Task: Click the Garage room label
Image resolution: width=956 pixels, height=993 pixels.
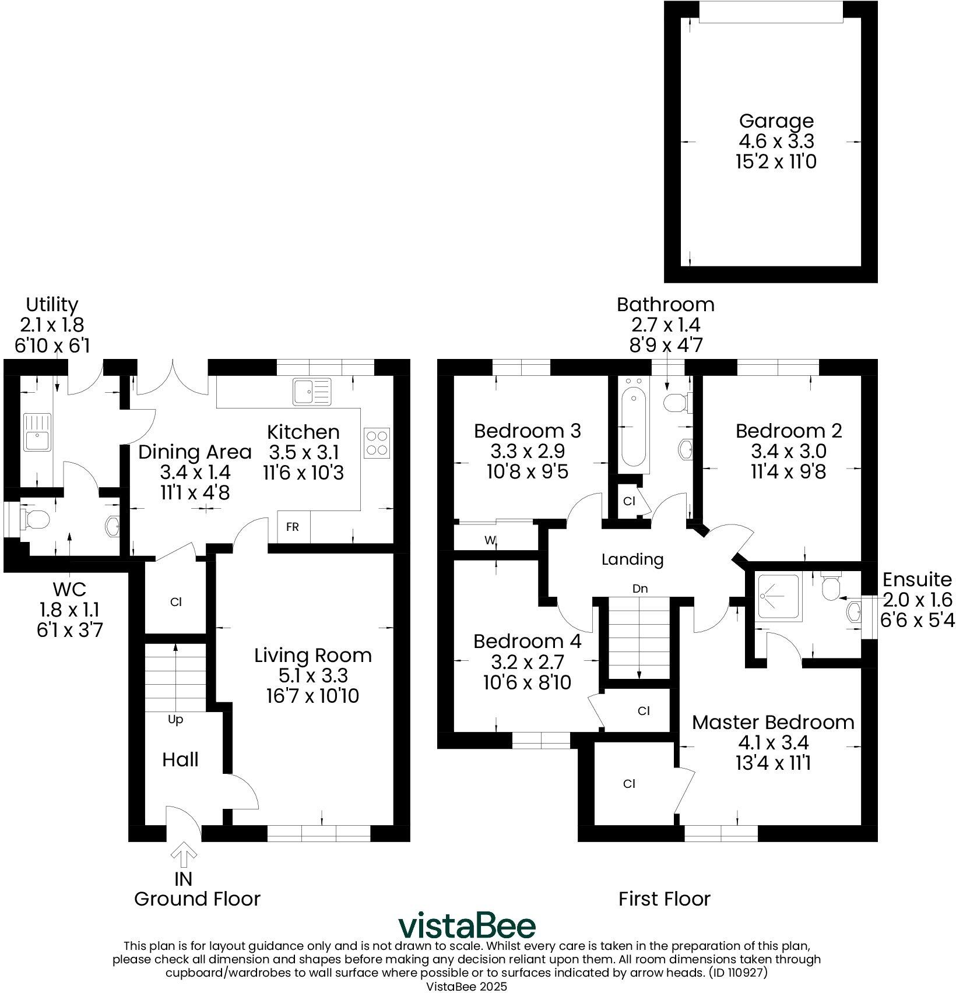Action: [776, 121]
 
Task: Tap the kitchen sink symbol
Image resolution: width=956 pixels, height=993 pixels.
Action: [312, 391]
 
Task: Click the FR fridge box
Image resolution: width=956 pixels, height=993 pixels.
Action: [293, 527]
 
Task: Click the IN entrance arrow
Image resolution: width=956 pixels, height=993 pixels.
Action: [184, 856]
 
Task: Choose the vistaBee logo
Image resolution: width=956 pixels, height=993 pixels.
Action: [466, 927]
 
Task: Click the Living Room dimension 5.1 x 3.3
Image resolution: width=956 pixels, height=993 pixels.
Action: [312, 675]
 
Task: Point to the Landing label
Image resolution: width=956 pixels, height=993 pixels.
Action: [632, 559]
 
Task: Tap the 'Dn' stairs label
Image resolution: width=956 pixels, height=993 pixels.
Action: [640, 589]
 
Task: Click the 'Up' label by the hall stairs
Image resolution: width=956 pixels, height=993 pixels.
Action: [175, 720]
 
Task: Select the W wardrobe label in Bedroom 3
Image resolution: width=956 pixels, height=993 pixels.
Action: [490, 540]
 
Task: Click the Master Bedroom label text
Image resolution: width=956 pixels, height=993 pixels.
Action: [773, 723]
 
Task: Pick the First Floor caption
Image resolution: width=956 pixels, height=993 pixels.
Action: [665, 899]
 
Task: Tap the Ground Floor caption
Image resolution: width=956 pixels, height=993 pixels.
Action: [197, 899]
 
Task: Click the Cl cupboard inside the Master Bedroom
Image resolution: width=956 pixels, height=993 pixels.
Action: [629, 784]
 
